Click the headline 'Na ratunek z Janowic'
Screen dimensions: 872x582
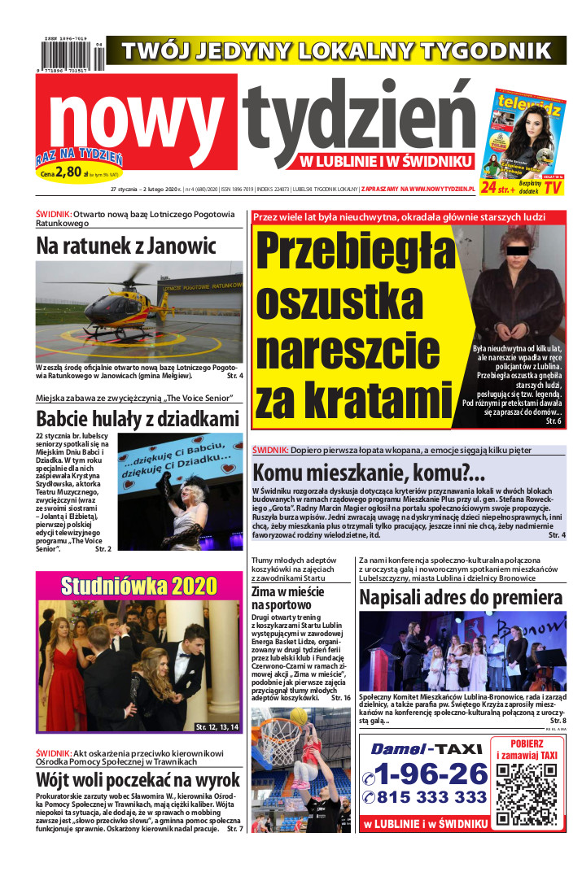coord(126,245)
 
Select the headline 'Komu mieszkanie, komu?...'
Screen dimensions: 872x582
coord(369,473)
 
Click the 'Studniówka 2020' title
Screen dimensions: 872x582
coord(138,586)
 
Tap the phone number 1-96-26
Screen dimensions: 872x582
coord(424,773)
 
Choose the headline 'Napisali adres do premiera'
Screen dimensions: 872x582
coord(461,598)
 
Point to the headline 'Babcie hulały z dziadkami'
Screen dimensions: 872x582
coord(138,419)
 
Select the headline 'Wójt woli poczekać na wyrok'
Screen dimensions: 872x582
coord(138,778)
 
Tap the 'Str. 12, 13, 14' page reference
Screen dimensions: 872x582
coord(217,726)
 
